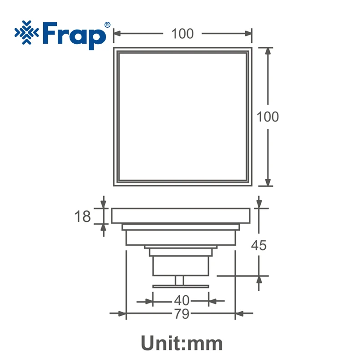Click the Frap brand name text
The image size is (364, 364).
[x=74, y=35]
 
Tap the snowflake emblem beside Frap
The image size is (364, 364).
[x=27, y=32]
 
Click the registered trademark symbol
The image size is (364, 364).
[x=107, y=25]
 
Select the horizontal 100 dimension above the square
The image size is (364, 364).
[x=182, y=34]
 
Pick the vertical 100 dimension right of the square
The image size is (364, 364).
[x=268, y=117]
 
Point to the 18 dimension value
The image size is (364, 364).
[x=82, y=217]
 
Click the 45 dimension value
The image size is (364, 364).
[x=258, y=245]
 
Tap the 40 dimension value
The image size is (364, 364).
[x=182, y=300]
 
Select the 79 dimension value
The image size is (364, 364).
[x=182, y=314]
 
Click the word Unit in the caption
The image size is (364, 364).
[x=162, y=344]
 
